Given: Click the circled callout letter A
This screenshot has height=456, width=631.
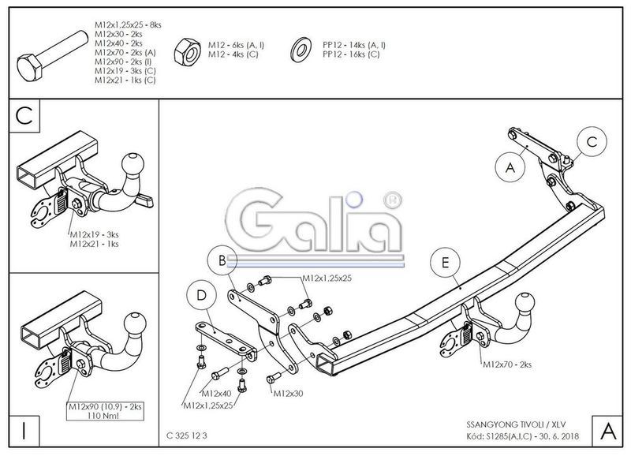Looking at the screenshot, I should coord(510,167).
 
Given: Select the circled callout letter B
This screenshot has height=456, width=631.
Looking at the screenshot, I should coord(222,260).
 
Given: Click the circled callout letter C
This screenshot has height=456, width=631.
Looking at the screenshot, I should coord(591,142).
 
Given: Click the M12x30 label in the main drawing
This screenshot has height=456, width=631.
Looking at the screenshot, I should coord(286,393).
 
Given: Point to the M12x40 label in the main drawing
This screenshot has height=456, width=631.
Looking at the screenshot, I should coord(217,393).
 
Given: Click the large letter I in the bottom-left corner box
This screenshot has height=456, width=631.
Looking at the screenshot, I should coord(24,431).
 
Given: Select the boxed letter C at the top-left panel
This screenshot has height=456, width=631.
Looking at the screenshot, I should coord(24,117).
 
